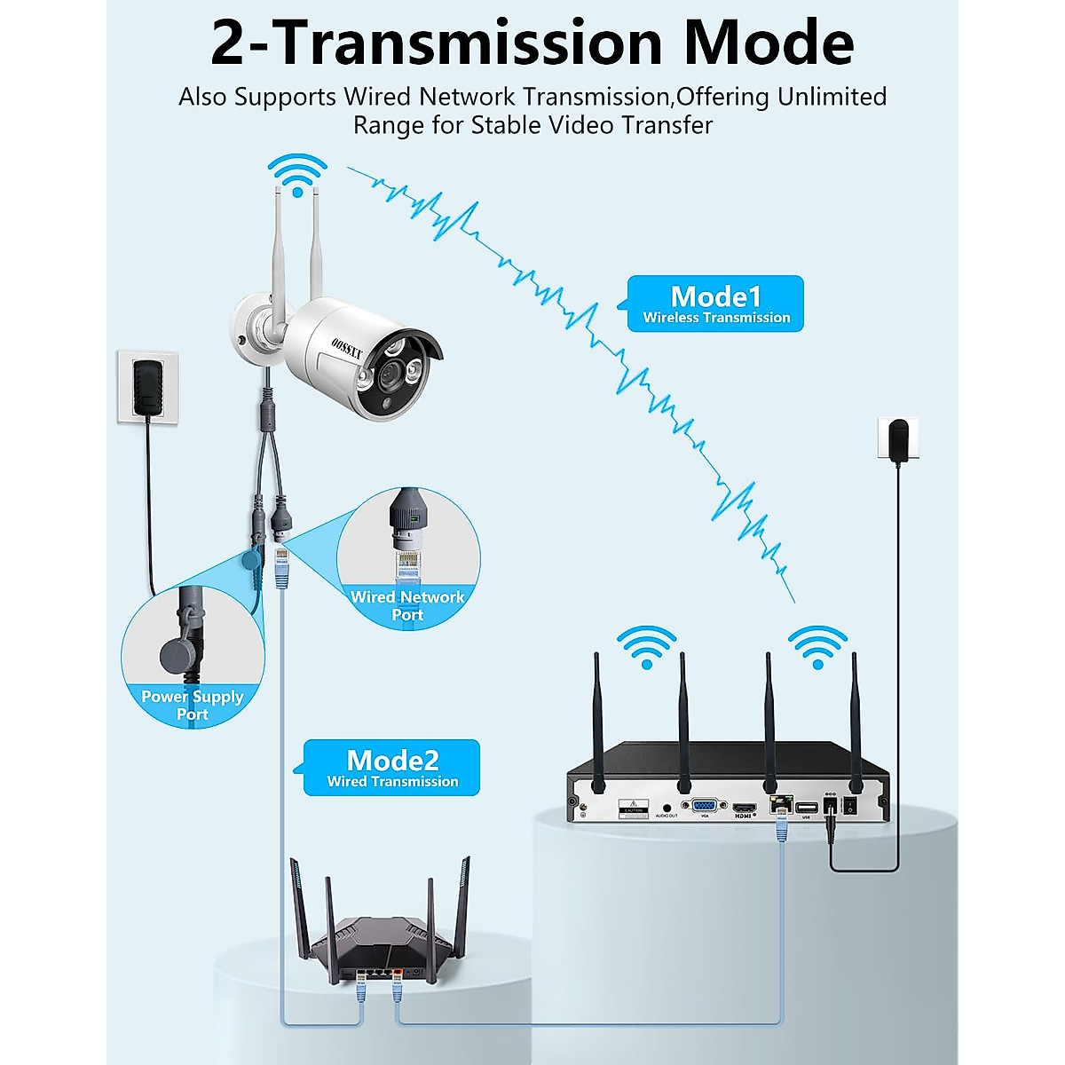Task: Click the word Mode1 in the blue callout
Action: tap(715, 296)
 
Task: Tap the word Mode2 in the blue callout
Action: tap(392, 760)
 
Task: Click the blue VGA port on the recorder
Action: tap(706, 806)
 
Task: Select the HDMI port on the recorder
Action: tap(743, 809)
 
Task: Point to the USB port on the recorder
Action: tap(806, 808)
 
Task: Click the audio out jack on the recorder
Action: tap(666, 808)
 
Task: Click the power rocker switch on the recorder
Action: tap(850, 807)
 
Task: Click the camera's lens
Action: tap(390, 376)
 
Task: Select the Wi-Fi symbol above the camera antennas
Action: tap(298, 175)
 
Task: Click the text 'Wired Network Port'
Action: tap(407, 605)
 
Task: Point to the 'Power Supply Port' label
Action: tap(192, 706)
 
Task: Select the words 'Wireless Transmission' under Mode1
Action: tap(716, 318)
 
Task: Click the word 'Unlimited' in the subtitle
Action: tap(832, 96)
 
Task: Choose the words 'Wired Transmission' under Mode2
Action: tap(392, 782)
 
